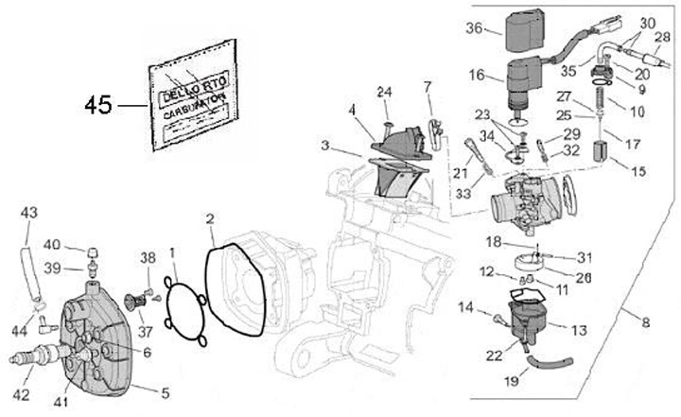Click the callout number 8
(646, 322)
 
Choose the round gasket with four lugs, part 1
(183, 304)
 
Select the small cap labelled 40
(93, 252)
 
